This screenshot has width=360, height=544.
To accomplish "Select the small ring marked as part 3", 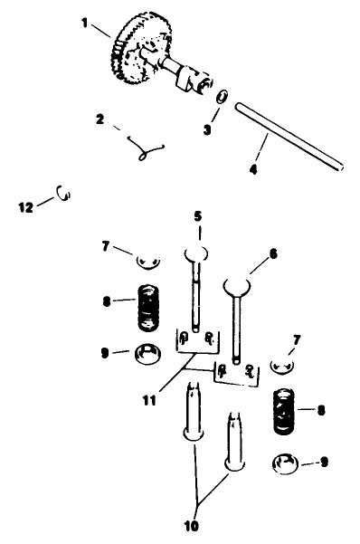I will [223, 97].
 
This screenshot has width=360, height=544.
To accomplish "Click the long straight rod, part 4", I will [289, 136].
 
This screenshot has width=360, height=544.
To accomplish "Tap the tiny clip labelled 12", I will [63, 192].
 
